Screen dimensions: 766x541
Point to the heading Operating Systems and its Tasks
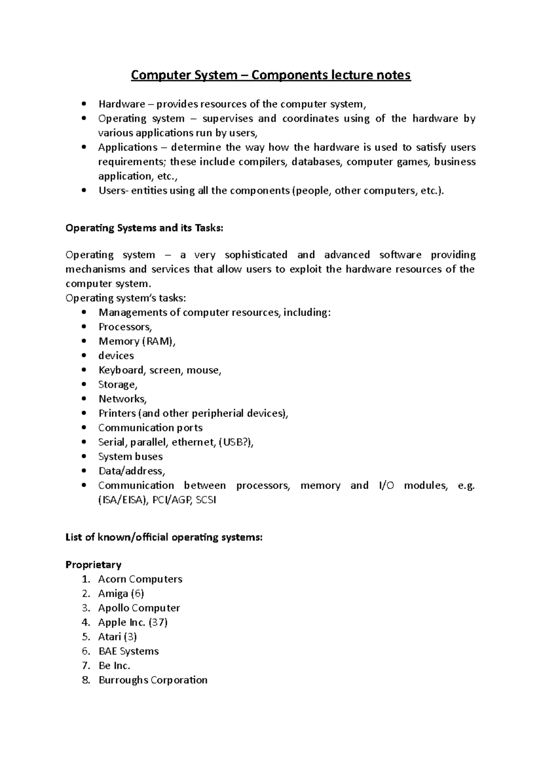coord(144,228)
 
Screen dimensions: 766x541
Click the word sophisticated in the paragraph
coord(256,255)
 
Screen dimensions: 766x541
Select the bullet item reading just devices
coord(116,356)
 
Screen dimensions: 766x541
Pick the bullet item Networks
coord(122,399)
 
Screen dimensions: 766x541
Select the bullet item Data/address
coord(132,471)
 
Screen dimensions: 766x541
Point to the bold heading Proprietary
coord(93,565)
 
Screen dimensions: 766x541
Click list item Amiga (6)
coord(121,594)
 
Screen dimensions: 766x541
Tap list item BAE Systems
coord(128,651)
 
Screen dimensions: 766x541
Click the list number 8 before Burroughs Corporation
coord(86,680)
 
